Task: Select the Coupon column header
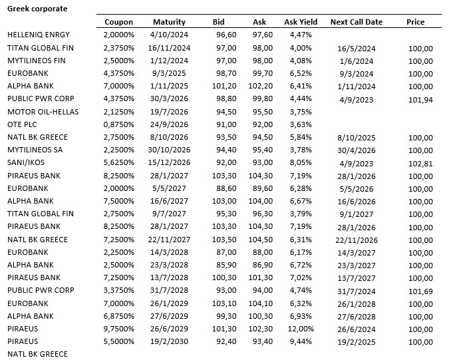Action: [x=119, y=22]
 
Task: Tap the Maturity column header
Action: [x=169, y=22]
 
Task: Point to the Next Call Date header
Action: [x=356, y=22]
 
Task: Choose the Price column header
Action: [x=415, y=22]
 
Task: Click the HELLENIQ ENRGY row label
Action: [x=38, y=35]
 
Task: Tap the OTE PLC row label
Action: [x=23, y=124]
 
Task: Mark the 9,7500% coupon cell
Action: [x=119, y=329]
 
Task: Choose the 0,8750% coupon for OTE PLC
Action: [x=119, y=124]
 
